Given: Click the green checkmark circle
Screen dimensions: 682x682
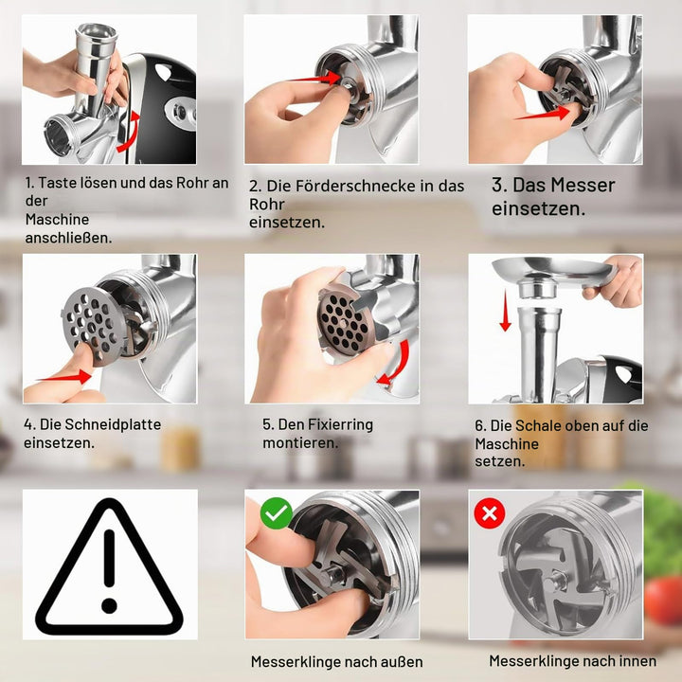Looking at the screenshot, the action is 277,513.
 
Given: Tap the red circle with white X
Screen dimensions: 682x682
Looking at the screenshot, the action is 490,513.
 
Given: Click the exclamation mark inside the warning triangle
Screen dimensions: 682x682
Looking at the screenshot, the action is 109,571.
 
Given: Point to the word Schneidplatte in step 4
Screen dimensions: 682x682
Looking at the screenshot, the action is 100,424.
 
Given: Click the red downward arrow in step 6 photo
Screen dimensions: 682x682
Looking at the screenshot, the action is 506,311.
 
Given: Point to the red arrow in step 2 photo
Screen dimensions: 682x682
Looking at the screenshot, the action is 314,79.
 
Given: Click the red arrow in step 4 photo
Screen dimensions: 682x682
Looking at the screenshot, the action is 64,377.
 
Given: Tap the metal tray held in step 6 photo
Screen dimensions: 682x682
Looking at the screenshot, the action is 552,277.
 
